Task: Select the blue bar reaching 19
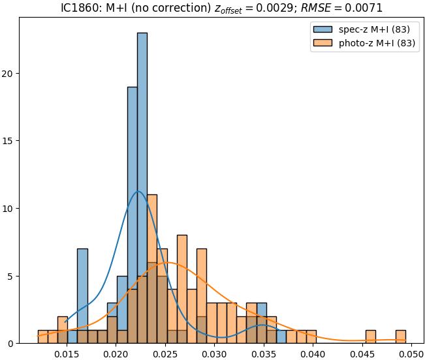pos(132,215)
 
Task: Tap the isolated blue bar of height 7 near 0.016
pos(82,296)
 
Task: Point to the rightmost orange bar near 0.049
pos(401,337)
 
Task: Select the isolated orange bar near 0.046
pos(371,337)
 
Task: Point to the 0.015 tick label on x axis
pos(67,353)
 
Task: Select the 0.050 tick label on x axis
pos(411,353)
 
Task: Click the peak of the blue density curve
pos(138,191)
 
